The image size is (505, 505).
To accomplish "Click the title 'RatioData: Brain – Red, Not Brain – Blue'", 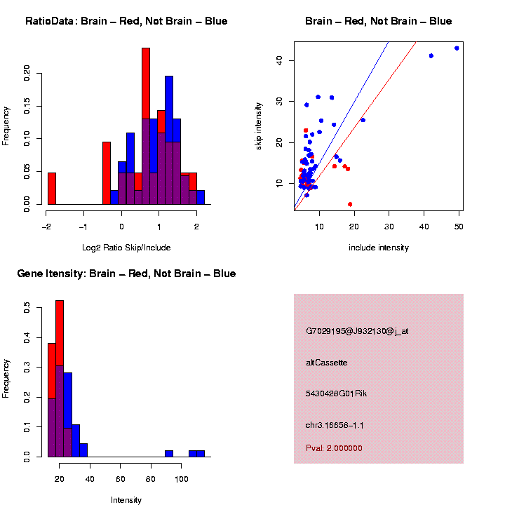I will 126,21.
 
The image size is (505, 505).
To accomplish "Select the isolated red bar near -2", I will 52,188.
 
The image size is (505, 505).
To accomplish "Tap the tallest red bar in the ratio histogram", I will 146,126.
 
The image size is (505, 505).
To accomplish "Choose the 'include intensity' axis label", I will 378,248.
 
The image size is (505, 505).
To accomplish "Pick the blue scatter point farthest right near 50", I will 457,48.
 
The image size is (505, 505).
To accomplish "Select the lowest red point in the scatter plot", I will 350,204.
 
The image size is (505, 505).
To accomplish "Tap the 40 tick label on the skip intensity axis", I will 279,60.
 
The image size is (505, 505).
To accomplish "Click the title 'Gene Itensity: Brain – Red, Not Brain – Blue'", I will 126,274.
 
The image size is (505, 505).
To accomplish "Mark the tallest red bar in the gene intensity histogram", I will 60,379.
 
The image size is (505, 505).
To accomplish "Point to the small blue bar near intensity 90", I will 168,453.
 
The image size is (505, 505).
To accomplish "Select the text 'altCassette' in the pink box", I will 327,363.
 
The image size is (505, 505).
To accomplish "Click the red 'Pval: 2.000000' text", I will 334,448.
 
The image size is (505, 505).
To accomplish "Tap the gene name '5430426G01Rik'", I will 336,393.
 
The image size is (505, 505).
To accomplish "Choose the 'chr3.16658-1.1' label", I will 335,425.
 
